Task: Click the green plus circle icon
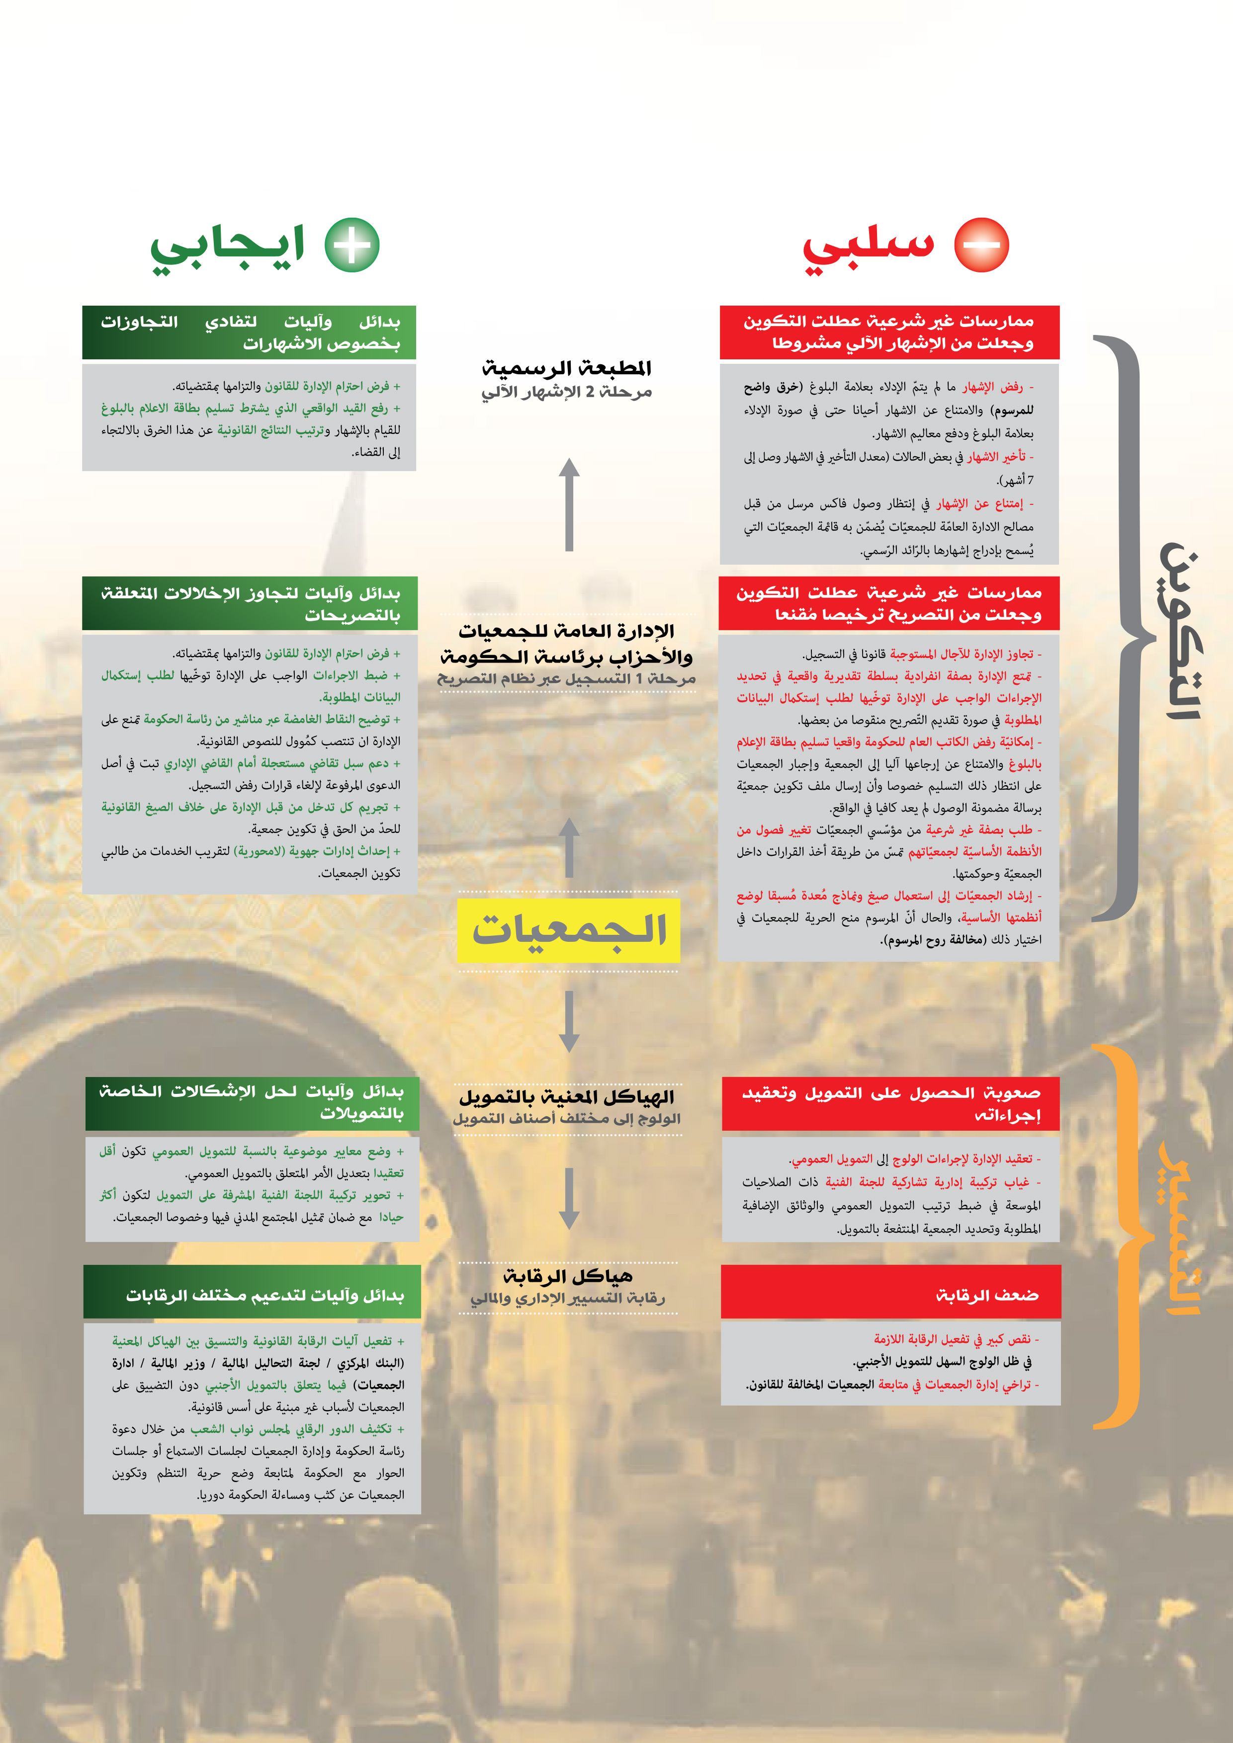(x=352, y=245)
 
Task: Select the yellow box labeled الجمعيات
(x=569, y=930)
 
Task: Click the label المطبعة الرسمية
(x=567, y=368)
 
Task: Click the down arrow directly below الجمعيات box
(x=569, y=1021)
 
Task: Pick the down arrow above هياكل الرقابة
(x=569, y=1199)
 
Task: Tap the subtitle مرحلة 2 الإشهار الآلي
(x=567, y=393)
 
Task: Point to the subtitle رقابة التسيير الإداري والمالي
(x=568, y=1299)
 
